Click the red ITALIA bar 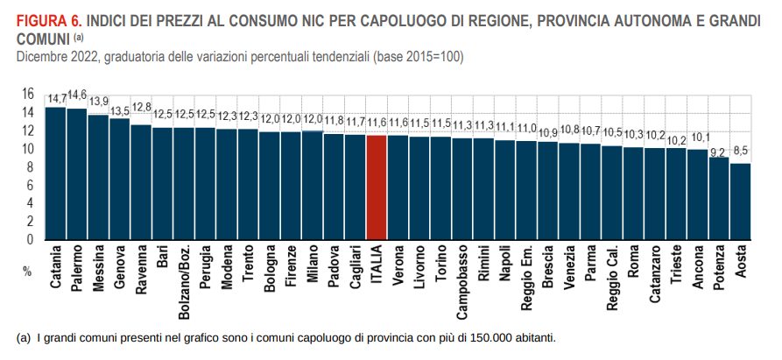pyautogui.click(x=377, y=186)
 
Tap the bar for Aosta pyautogui.click(x=741, y=201)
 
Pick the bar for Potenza pyautogui.click(x=719, y=197)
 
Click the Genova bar pyautogui.click(x=119, y=179)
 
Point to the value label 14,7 pyautogui.click(x=57, y=98)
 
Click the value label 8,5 pyautogui.click(x=741, y=150)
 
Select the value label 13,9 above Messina pyautogui.click(x=99, y=101)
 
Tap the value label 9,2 pyautogui.click(x=719, y=152)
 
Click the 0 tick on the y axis pyautogui.click(x=31, y=239)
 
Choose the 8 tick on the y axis pyautogui.click(x=31, y=166)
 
